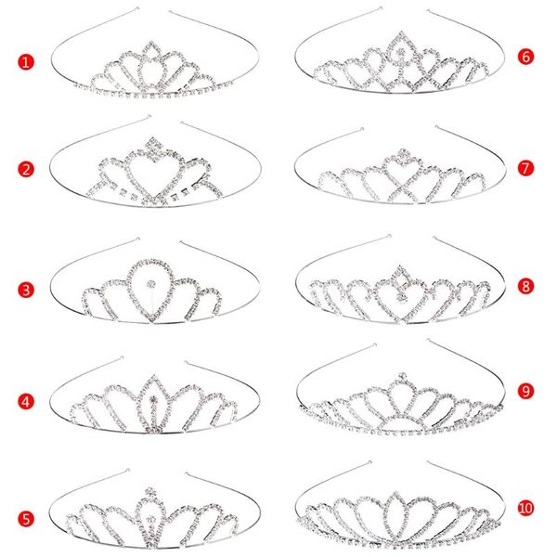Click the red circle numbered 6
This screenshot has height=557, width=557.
[x=526, y=57]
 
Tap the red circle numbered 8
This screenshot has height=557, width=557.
[x=526, y=285]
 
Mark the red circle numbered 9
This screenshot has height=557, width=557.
[x=526, y=392]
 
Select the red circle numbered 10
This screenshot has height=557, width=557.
[x=526, y=507]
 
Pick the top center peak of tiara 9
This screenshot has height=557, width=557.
[x=402, y=379]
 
